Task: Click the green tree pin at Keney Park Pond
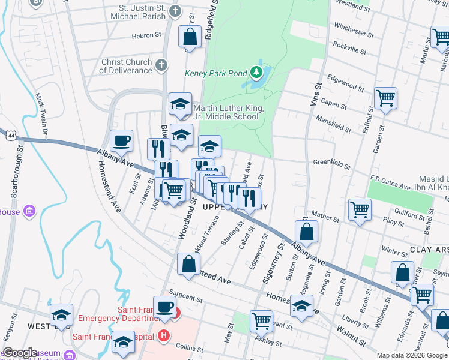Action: [257, 73]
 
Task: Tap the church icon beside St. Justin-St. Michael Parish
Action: [175, 11]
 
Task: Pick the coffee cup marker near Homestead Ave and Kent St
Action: [121, 141]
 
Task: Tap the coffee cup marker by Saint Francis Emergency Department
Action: [165, 307]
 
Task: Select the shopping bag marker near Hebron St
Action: [190, 37]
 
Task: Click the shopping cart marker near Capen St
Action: [385, 97]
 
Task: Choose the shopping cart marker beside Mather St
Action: [360, 210]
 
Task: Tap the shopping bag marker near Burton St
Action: [306, 231]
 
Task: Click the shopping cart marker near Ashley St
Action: [261, 322]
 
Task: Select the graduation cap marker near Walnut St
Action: [301, 307]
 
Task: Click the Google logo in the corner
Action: [20, 353]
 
